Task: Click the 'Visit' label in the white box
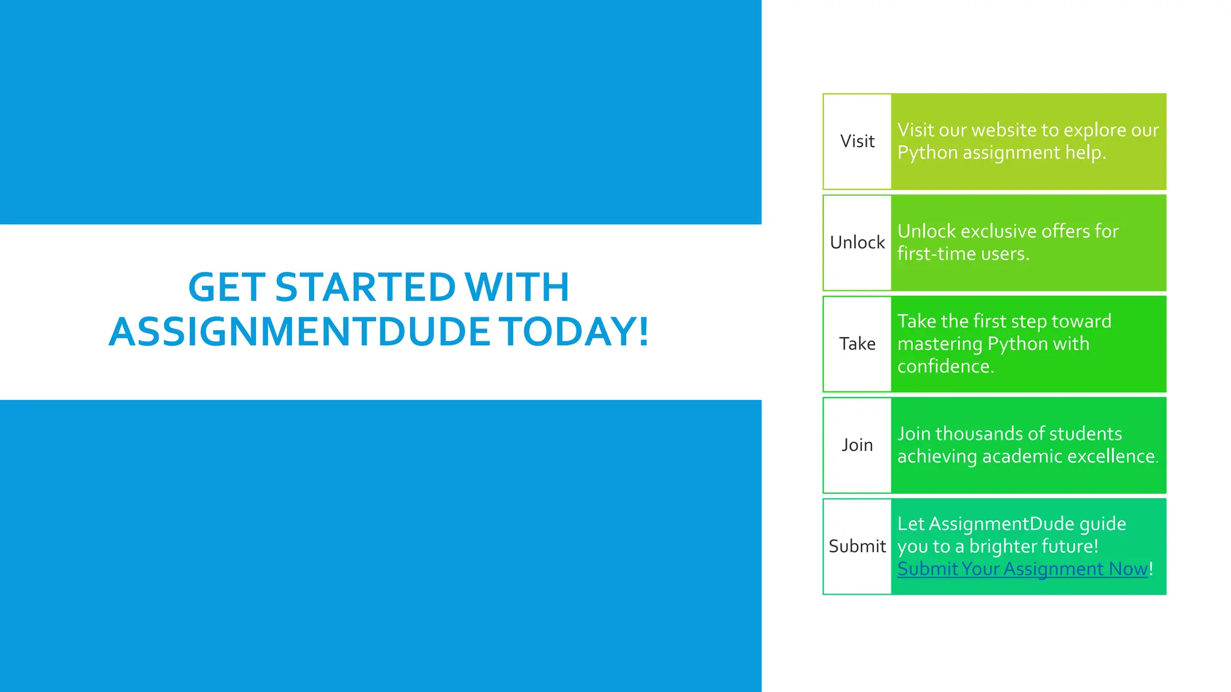coord(857,141)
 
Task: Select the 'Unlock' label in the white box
coord(857,243)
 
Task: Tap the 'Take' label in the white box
coord(857,344)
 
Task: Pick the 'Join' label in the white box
coord(857,445)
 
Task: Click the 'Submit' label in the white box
coord(857,546)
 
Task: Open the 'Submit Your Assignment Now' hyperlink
coord(1022,569)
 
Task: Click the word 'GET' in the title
coord(227,287)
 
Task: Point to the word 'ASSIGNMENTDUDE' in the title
coord(299,332)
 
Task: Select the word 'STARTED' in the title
coord(365,287)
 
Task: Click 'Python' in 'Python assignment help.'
coord(927,153)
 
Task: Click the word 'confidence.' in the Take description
coord(945,366)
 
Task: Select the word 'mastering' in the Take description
coord(939,344)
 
